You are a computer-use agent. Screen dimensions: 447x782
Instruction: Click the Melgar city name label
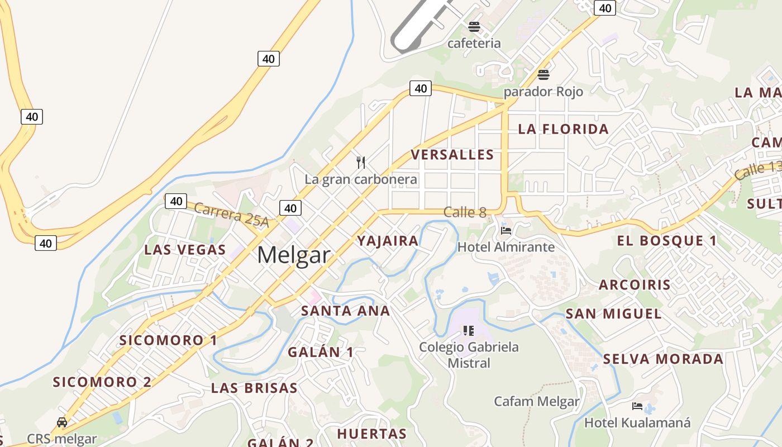[x=294, y=255]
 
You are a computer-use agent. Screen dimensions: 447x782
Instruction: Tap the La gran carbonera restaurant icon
[x=361, y=163]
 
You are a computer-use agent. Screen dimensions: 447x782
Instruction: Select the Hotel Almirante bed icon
[x=506, y=230]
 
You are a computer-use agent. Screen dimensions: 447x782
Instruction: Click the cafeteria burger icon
[x=474, y=26]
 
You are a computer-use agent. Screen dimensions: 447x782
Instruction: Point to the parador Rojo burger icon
[x=543, y=74]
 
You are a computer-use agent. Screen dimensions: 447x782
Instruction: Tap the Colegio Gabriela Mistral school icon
[x=469, y=331]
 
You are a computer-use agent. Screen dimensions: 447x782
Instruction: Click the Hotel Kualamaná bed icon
[x=637, y=406]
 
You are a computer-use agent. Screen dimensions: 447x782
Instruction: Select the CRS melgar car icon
[x=62, y=422]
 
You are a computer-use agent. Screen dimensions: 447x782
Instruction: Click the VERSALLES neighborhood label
[x=452, y=155]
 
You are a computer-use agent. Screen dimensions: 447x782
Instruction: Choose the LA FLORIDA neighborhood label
[x=563, y=129]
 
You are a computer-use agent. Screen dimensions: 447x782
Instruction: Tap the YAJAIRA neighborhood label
[x=388, y=241]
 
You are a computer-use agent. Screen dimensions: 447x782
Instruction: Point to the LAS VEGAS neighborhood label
[x=185, y=250]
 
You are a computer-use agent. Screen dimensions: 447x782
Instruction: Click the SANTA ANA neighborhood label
[x=345, y=311]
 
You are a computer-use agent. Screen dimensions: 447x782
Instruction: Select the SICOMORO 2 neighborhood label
[x=102, y=382]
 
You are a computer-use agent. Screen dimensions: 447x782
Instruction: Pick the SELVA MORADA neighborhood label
[x=663, y=359]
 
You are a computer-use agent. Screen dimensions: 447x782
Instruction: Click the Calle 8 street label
[x=465, y=212]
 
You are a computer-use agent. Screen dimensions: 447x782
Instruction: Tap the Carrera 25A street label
[x=232, y=215]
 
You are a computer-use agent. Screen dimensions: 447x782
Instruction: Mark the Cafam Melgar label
[x=537, y=401]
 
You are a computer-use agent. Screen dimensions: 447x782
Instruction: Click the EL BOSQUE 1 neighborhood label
[x=666, y=241]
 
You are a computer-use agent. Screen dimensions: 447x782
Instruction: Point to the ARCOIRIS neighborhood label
[x=635, y=284]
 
